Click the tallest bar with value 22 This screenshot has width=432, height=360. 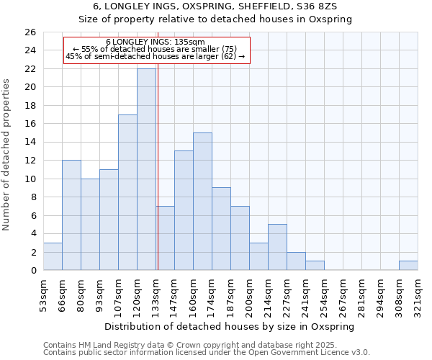coord(146,169)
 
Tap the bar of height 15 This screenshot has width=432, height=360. coord(202,202)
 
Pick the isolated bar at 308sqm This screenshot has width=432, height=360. coord(408,266)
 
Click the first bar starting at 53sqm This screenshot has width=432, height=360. coord(53,256)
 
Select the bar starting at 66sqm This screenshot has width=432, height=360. coord(71,215)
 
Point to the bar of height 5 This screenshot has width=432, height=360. coord(277,247)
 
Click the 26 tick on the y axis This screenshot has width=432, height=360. coord(30,32)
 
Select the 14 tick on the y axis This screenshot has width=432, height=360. coord(30,143)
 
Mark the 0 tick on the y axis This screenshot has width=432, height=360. coord(32,271)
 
